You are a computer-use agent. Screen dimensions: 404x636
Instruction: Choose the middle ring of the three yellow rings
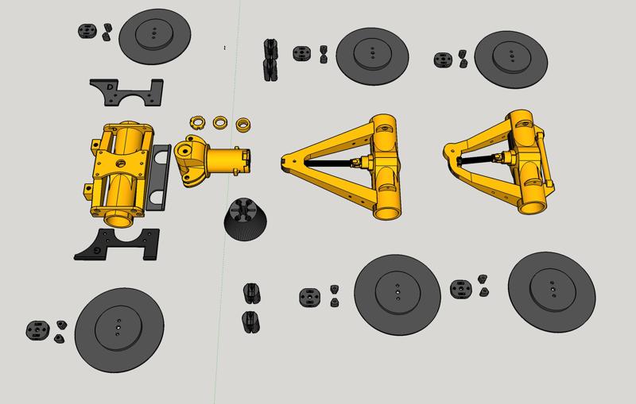(x=219, y=122)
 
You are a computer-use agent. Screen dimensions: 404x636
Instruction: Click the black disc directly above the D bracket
(x=154, y=37)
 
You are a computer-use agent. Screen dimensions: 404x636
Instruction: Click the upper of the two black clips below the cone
(x=253, y=292)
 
